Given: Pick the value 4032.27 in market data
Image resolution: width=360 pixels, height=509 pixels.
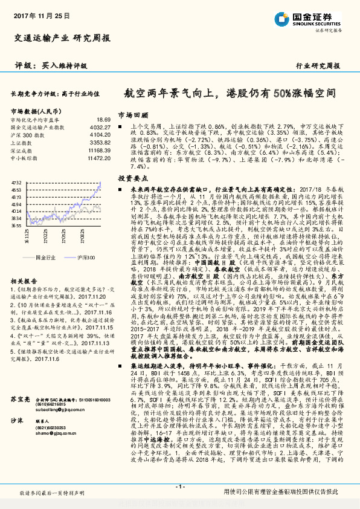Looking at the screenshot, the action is [x=100, y=128].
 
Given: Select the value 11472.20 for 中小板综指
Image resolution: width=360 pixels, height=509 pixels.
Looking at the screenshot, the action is [x=99, y=157].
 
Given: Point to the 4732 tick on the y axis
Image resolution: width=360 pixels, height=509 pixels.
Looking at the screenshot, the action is [x=16, y=182].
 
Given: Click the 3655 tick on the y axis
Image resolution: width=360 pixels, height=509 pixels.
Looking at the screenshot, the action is [x=16, y=225].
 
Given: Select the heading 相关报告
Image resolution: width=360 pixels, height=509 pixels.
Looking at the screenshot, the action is [x=24, y=265].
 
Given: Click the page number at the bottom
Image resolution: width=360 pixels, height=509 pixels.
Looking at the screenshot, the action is [x=179, y=486].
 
